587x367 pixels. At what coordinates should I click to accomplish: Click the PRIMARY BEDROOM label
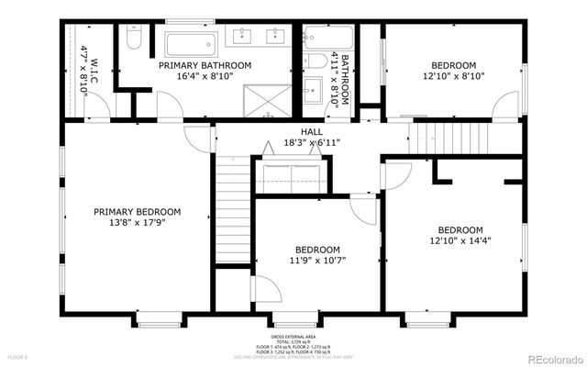[x=138, y=211]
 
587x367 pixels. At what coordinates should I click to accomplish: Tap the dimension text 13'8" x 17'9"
[x=138, y=222]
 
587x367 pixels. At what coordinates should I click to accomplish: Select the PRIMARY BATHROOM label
[x=205, y=65]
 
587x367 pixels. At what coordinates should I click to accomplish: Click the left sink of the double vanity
[x=243, y=37]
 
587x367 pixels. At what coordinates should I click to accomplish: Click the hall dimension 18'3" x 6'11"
[x=299, y=143]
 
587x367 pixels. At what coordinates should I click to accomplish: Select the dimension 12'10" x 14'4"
[x=460, y=241]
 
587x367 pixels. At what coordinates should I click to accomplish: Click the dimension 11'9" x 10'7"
[x=317, y=261]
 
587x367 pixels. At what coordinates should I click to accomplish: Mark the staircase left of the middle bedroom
[x=233, y=210]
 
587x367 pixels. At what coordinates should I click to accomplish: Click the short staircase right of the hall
[x=431, y=139]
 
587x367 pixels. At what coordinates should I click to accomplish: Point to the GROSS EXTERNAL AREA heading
[x=293, y=336]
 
